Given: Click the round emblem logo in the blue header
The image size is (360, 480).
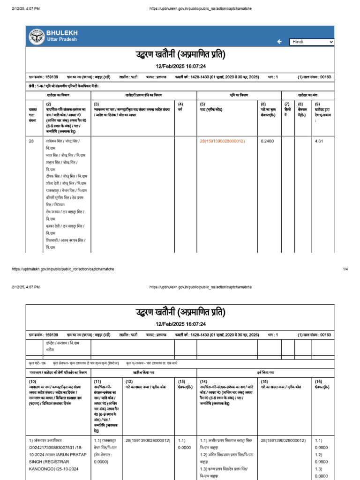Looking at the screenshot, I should point(37,36).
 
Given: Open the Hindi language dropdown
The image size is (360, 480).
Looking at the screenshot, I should point(311,42).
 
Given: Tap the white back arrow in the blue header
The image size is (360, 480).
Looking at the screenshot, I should point(279,42).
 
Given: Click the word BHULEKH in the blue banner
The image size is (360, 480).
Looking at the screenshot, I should point(62,33).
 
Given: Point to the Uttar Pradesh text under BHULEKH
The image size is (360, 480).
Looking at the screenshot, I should point(61,39).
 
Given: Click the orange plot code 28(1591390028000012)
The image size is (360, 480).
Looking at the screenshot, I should point(222,141).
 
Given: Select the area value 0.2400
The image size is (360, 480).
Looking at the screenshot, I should point(267,141).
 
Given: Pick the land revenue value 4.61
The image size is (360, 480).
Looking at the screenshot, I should point(320,141).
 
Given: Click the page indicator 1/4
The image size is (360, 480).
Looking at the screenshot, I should point(345,269).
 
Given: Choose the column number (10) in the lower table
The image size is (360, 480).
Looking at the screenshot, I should point(33,382).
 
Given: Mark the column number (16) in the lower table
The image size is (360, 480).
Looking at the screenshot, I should point(318,382).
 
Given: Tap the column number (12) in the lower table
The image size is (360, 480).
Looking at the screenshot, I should point(129,382).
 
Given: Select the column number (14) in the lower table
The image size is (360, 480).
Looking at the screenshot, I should point(204,382).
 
